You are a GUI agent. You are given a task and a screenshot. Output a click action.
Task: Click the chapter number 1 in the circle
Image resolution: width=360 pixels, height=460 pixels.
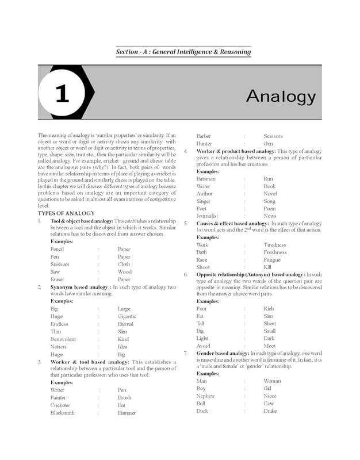[x=62, y=94]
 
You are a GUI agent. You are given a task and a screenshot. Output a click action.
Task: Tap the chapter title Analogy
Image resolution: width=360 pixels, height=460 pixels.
[x=281, y=96]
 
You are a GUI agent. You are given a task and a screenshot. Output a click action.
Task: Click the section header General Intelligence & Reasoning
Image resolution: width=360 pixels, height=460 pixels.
[x=183, y=52]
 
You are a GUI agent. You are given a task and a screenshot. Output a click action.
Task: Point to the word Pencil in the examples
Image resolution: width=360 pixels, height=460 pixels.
[x=57, y=250]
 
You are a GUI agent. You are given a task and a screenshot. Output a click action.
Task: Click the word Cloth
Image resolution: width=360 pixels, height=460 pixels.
[x=124, y=264]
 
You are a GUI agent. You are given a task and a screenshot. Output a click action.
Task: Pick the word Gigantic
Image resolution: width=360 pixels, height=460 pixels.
[x=127, y=316]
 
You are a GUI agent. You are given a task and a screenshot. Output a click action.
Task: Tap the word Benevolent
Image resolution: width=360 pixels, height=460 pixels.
[x=63, y=339]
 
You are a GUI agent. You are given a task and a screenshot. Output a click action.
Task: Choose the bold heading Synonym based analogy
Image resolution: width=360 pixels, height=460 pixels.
[x=79, y=287]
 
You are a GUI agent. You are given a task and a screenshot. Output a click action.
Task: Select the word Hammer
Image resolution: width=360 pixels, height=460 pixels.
[x=127, y=413]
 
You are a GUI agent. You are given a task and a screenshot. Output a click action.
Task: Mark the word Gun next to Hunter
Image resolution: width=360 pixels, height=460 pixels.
[x=268, y=144]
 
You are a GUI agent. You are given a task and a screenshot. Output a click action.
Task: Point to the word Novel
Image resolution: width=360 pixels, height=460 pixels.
[x=270, y=194]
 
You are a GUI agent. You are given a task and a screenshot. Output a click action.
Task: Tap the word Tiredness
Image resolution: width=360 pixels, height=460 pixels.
[x=274, y=245]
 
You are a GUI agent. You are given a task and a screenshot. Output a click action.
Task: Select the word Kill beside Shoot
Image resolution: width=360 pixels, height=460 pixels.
[x=267, y=267]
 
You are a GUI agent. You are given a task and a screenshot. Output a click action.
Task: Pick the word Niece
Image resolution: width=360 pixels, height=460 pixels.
[x=270, y=396]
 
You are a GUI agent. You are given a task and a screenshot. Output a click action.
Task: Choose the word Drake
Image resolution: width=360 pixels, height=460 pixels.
[x=270, y=411]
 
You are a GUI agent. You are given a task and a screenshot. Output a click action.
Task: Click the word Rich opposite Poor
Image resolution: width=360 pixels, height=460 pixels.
[x=269, y=309]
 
